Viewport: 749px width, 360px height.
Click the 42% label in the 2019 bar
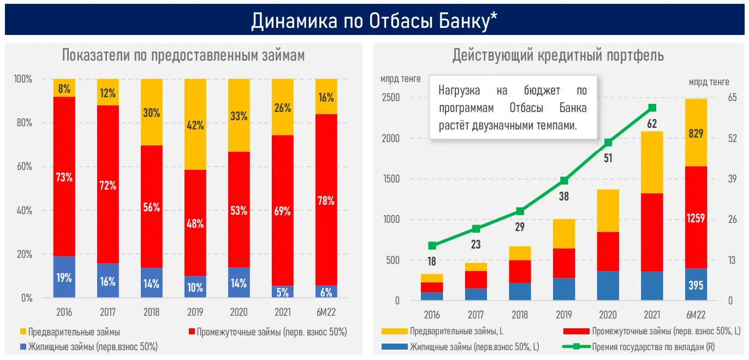pos(195,125)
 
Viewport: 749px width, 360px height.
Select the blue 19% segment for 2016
pos(64,278)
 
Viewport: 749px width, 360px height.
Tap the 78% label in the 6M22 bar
pos(326,200)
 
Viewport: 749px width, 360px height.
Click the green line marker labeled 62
pos(652,108)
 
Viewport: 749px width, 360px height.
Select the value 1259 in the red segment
pos(695,219)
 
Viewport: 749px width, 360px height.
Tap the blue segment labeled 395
pos(695,285)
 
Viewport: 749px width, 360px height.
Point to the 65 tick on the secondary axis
pos(732,98)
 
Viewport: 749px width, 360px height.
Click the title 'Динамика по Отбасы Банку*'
pos(374,20)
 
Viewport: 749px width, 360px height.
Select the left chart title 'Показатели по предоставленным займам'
pos(183,55)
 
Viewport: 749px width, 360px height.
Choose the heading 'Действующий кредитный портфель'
pos(558,55)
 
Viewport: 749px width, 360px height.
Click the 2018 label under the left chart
pos(151,313)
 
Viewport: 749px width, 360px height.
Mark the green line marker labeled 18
pos(432,246)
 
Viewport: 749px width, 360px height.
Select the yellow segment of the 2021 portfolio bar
pos(652,162)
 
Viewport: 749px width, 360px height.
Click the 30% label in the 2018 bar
pos(151,113)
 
